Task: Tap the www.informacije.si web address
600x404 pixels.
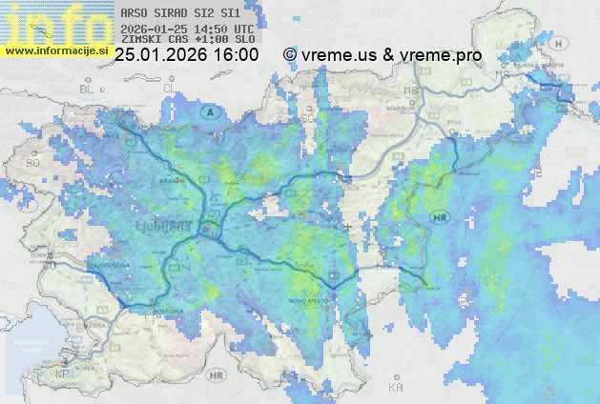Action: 56,50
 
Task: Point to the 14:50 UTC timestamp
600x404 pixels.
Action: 210,29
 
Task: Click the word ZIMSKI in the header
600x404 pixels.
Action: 141,40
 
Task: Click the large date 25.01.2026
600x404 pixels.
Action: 158,55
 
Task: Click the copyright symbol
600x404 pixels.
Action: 290,55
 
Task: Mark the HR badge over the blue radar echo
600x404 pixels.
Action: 441,218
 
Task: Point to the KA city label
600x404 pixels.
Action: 395,388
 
